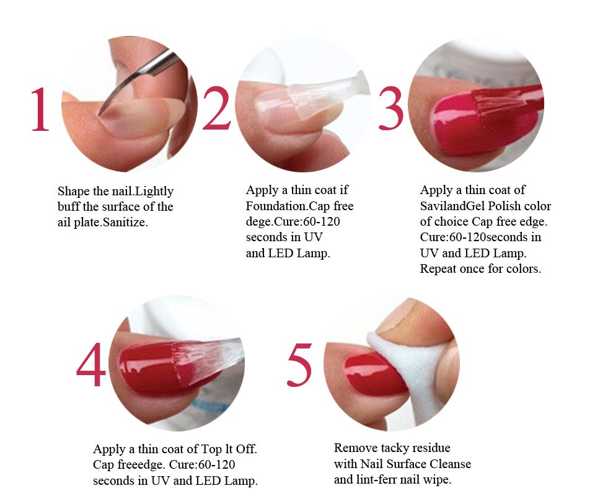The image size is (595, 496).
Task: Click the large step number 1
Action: [41, 109]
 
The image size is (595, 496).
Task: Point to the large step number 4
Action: [91, 365]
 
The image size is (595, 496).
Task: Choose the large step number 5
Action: [299, 365]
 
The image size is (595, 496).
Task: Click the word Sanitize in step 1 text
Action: [125, 222]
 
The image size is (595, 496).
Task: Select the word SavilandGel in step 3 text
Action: [452, 206]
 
